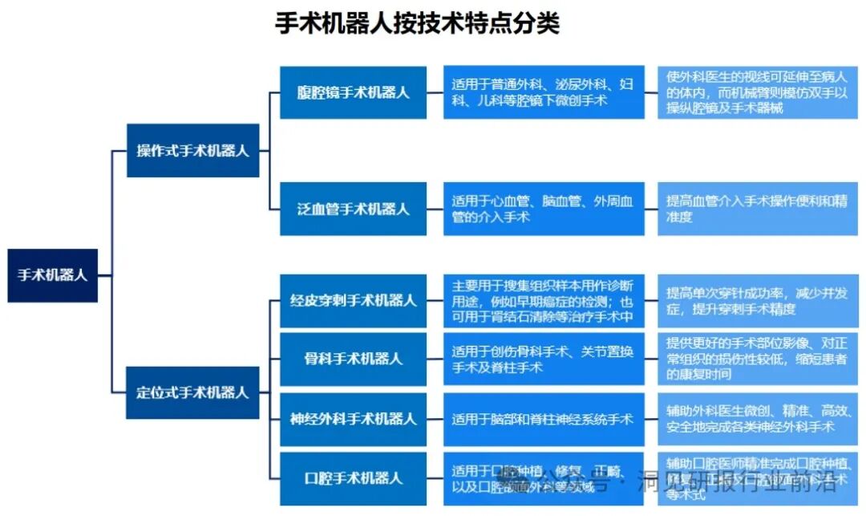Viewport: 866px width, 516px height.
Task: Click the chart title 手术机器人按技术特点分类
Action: point(417,23)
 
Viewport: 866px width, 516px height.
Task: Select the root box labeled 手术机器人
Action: point(53,275)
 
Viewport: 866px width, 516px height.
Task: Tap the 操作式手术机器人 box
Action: point(192,150)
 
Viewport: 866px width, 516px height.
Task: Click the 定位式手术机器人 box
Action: point(192,392)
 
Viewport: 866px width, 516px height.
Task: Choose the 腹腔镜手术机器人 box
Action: point(353,91)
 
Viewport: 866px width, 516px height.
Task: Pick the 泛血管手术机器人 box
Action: point(353,209)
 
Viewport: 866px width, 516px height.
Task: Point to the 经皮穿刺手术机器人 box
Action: point(353,301)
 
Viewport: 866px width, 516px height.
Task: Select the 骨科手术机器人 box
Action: point(353,359)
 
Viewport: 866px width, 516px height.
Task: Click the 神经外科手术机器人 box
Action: point(353,418)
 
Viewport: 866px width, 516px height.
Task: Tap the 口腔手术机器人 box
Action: point(353,478)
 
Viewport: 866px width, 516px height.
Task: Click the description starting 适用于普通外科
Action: point(544,91)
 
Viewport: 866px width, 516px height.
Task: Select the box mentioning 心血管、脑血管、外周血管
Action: point(544,209)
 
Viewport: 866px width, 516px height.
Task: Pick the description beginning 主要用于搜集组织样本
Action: point(544,301)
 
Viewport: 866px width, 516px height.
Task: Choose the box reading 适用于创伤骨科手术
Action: point(544,359)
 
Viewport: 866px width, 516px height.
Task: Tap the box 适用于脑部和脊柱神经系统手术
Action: point(544,418)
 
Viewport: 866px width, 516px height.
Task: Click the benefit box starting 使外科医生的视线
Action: point(758,91)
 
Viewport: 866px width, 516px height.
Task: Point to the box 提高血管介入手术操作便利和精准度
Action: point(758,209)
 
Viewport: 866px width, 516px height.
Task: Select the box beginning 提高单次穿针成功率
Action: point(758,301)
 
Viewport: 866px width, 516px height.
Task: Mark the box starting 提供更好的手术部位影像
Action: point(758,359)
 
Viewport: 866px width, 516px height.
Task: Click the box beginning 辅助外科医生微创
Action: point(758,418)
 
